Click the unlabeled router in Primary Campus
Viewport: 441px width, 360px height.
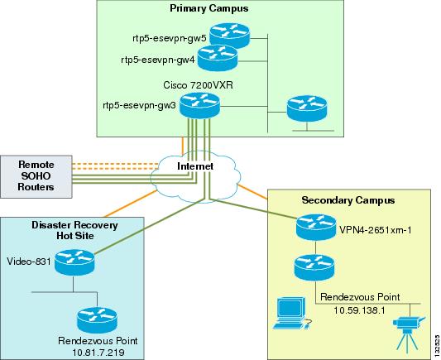[x=302, y=108]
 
